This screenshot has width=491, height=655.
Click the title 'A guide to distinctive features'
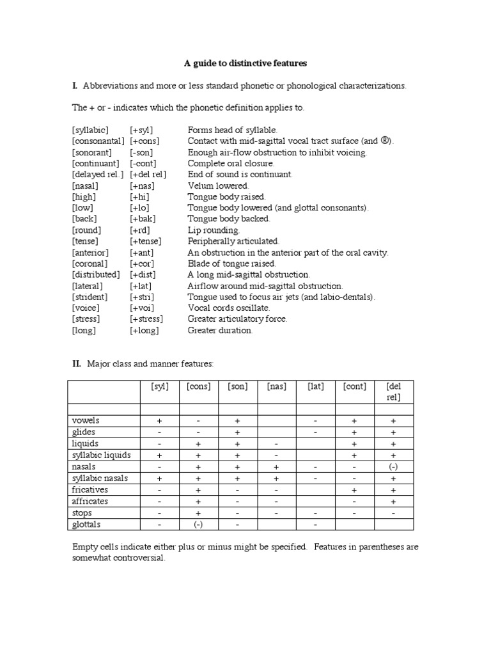(245, 63)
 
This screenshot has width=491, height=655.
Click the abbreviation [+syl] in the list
(142, 130)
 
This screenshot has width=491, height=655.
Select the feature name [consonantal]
(98, 141)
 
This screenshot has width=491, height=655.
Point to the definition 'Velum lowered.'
(218, 185)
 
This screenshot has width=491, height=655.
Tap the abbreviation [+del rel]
(148, 174)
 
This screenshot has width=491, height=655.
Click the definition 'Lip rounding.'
(214, 230)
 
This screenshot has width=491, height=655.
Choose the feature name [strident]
(90, 297)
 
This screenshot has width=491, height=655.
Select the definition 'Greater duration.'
(220, 331)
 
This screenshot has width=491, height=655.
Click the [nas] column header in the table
(276, 386)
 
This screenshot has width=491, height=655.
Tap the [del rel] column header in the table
(394, 391)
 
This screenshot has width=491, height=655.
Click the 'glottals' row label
(86, 525)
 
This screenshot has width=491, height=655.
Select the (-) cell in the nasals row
(394, 467)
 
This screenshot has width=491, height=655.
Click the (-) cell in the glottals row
(198, 525)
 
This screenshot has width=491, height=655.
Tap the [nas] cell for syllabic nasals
(276, 478)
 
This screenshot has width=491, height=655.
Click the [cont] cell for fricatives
(354, 490)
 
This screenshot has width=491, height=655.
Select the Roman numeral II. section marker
(76, 363)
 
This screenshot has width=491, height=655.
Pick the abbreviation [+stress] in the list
(146, 319)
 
